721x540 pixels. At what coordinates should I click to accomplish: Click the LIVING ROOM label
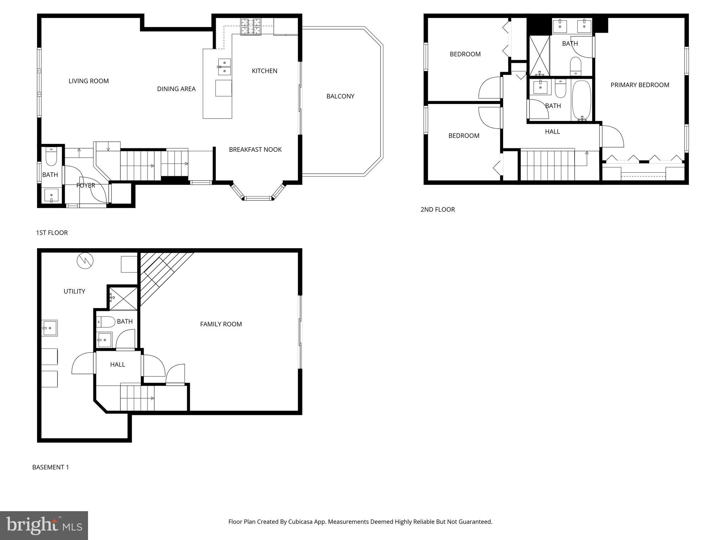click(x=88, y=81)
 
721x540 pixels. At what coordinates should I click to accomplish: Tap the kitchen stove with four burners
click(x=251, y=27)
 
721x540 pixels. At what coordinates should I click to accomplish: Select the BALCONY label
click(x=340, y=96)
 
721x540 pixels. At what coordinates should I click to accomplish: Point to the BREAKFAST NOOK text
click(x=255, y=150)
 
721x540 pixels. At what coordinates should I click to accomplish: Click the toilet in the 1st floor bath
click(x=51, y=157)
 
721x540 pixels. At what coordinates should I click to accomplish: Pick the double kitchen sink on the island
click(x=224, y=67)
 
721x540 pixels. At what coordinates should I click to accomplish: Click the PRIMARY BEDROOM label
click(x=640, y=85)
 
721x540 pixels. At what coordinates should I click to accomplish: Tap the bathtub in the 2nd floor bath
click(x=581, y=101)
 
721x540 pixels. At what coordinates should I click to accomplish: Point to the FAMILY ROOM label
click(x=221, y=324)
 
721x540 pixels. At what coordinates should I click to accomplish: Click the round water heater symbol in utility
click(x=86, y=261)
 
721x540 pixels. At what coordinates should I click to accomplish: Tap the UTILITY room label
click(x=74, y=291)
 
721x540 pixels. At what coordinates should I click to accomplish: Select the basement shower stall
click(x=123, y=298)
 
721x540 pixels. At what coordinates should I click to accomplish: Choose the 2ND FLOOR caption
click(x=438, y=210)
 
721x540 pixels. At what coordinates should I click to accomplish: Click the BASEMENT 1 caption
click(x=51, y=467)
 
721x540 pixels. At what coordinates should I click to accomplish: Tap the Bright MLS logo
click(x=44, y=526)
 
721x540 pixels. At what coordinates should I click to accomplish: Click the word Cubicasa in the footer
click(x=301, y=522)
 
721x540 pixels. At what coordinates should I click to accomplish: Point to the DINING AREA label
click(x=176, y=89)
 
